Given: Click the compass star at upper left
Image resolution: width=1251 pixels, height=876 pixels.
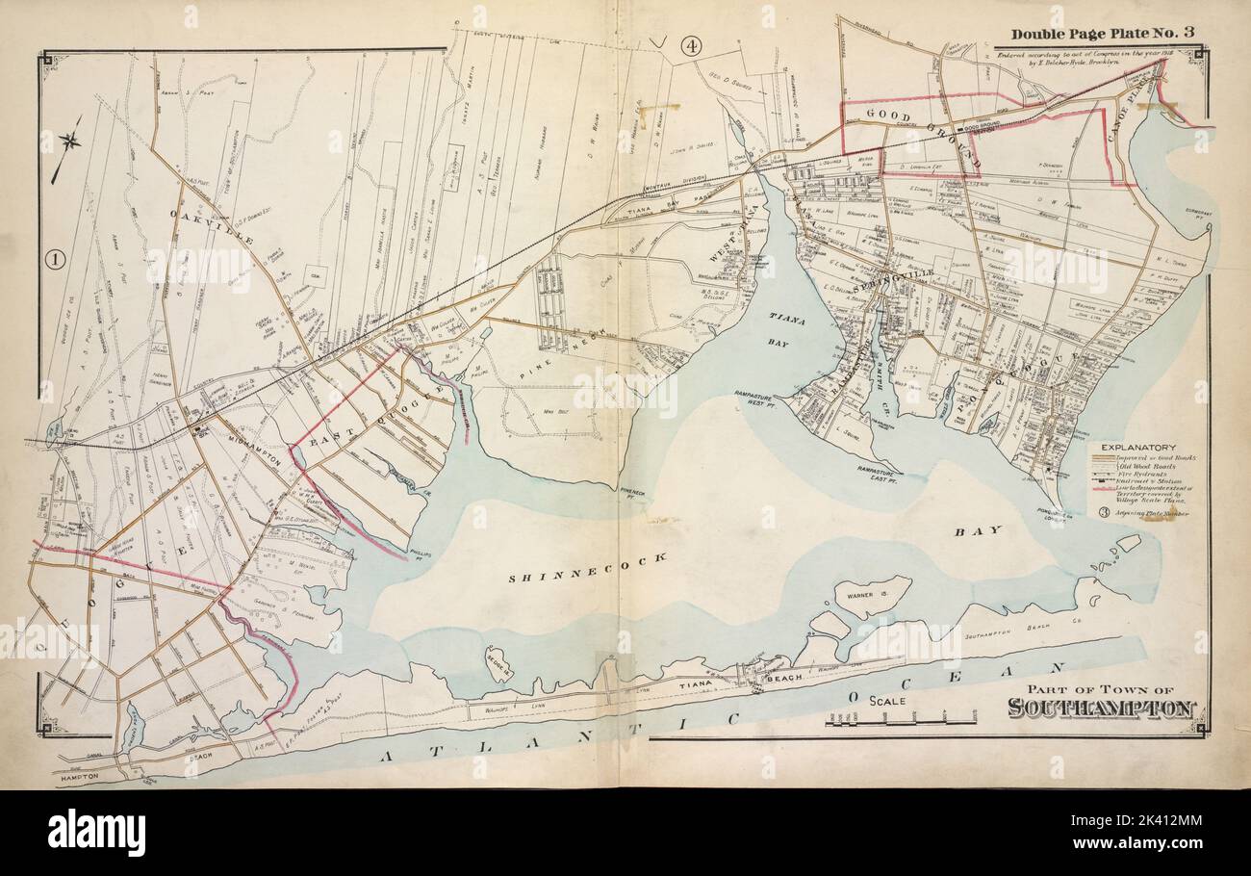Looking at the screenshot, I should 69,142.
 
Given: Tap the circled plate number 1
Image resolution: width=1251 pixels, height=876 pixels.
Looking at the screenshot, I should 54,258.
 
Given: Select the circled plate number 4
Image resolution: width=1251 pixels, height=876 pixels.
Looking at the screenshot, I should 690,44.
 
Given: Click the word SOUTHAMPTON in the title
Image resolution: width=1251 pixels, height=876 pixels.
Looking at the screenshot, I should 1101,709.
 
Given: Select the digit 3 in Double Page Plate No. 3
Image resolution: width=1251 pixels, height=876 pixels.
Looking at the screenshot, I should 1188,33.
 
